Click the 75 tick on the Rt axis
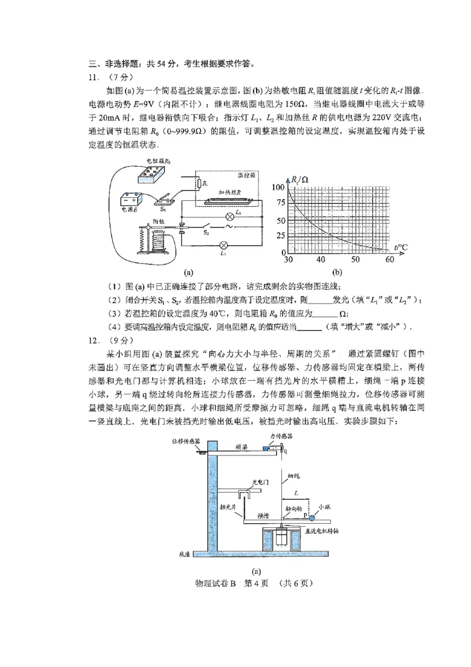[x=279, y=203]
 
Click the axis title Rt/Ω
[x=301, y=179]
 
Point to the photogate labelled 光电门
[x=243, y=494]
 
